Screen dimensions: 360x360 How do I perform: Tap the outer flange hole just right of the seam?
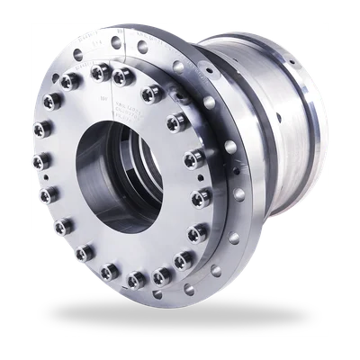(142, 47)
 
